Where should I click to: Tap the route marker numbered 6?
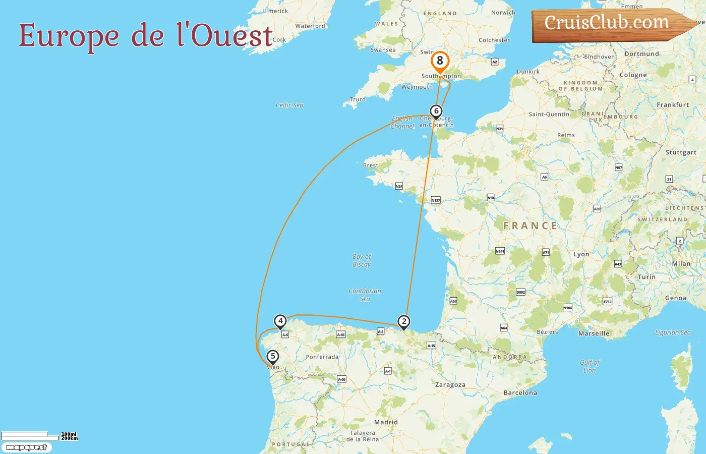(x=436, y=111)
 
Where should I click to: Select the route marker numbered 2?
(x=403, y=321)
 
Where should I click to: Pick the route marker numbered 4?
(x=280, y=321)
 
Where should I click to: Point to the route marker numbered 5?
(x=273, y=356)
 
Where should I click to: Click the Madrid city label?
(x=386, y=422)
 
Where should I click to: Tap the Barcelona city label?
(x=520, y=393)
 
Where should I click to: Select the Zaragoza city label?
(x=450, y=385)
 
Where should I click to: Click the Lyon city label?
(x=581, y=255)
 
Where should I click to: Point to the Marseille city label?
(x=594, y=334)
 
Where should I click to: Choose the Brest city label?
(x=371, y=165)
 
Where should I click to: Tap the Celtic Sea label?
(x=289, y=105)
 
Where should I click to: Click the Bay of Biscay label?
(x=362, y=260)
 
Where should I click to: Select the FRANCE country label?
(x=530, y=226)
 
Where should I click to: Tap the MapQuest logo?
(x=26, y=447)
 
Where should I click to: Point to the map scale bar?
(x=30, y=436)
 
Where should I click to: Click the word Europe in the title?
(x=69, y=36)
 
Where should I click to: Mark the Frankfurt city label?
(x=673, y=105)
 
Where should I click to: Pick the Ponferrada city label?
(x=322, y=357)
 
